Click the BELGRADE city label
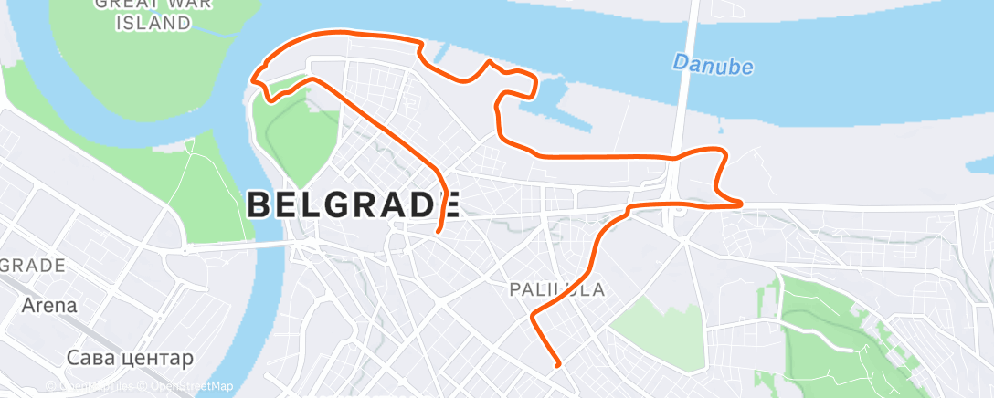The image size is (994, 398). [x=353, y=205]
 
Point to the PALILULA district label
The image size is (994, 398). [x=555, y=289]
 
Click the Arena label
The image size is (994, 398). [x=51, y=306]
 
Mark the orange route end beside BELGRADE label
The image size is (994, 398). [x=439, y=230]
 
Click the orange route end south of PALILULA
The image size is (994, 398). [x=556, y=365]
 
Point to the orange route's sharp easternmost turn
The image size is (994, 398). [x=741, y=204]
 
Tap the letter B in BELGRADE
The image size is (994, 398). [x=259, y=205]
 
